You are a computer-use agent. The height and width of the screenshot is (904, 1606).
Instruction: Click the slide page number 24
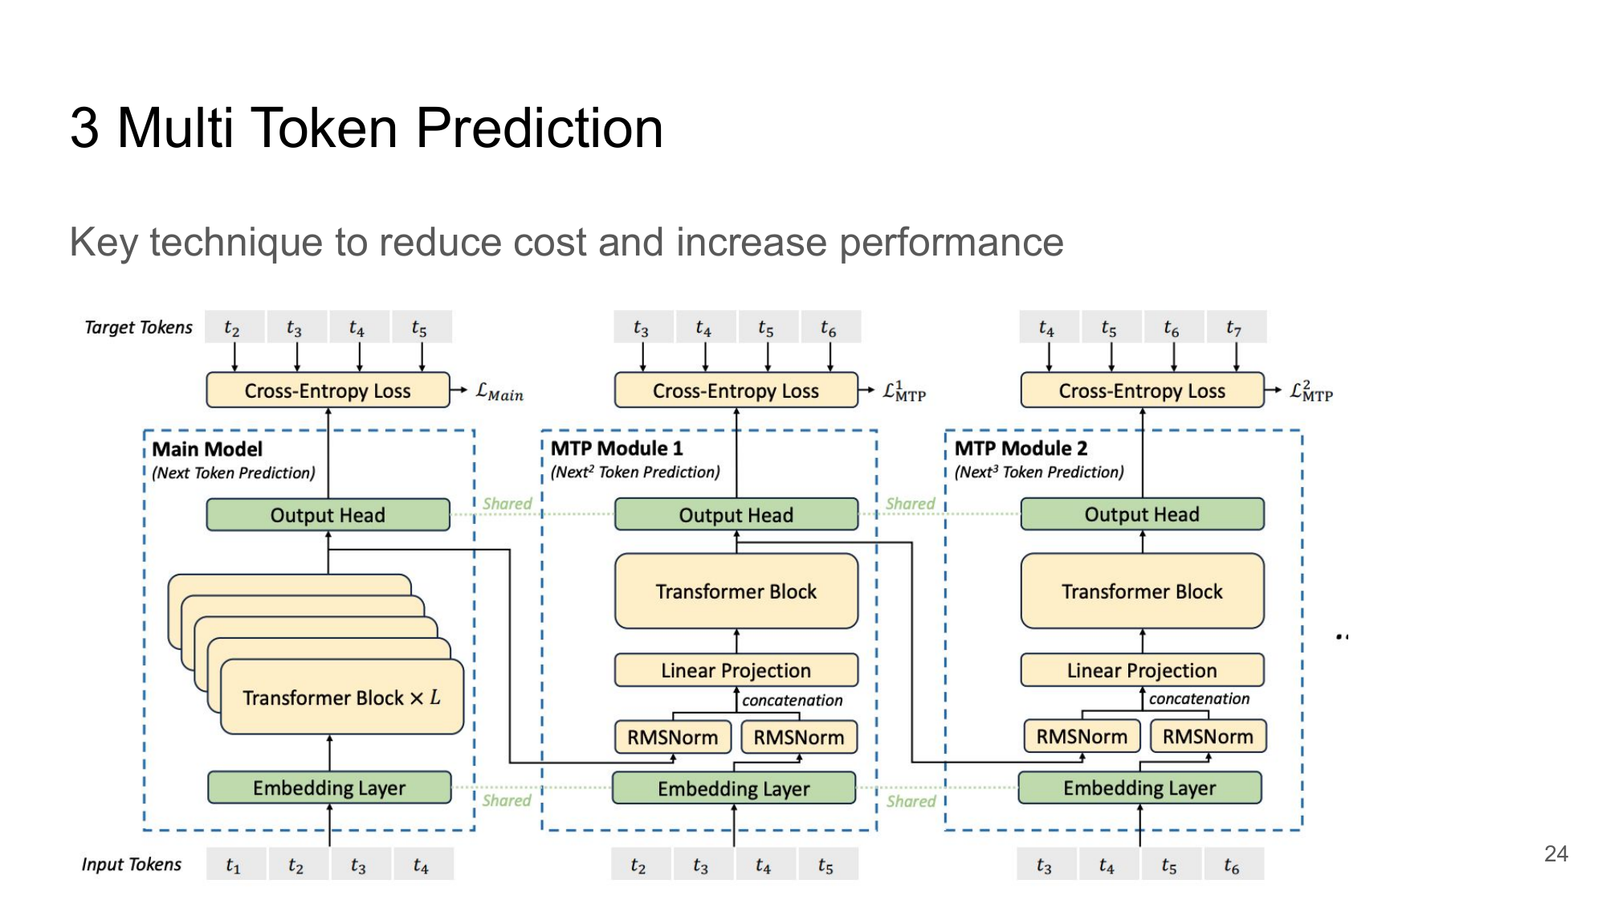pos(1555,853)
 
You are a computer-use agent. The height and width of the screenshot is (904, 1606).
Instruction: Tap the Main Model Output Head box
pos(328,514)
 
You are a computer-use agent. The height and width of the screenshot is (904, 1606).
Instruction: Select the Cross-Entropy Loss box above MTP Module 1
pos(736,391)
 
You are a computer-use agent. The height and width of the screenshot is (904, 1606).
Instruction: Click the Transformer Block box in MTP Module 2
pos(1142,591)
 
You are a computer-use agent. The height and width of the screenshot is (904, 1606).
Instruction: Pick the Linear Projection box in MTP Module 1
pos(736,670)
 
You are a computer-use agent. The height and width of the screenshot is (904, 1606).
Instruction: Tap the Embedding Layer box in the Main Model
pos(329,787)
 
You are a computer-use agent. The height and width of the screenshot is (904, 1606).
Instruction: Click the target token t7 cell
pos(1236,327)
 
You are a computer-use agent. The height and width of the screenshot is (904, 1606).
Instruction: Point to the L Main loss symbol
pos(499,392)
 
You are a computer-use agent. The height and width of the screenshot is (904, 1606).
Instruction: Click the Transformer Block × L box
pos(342,697)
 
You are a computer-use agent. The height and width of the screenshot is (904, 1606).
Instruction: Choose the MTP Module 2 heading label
pos(1021,448)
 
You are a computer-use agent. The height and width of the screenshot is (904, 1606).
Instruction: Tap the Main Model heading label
pos(207,449)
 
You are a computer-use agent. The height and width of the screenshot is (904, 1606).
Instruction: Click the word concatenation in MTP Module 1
pos(792,700)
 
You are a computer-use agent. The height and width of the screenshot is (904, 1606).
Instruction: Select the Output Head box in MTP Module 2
pos(1142,514)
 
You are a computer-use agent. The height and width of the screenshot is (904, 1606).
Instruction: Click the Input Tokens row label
pos(131,864)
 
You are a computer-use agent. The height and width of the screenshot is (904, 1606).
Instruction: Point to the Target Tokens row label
pos(138,327)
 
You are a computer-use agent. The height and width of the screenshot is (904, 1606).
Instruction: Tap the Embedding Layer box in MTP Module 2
pos(1139,787)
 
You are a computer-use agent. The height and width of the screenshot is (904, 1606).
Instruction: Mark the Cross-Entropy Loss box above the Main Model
pos(328,391)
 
